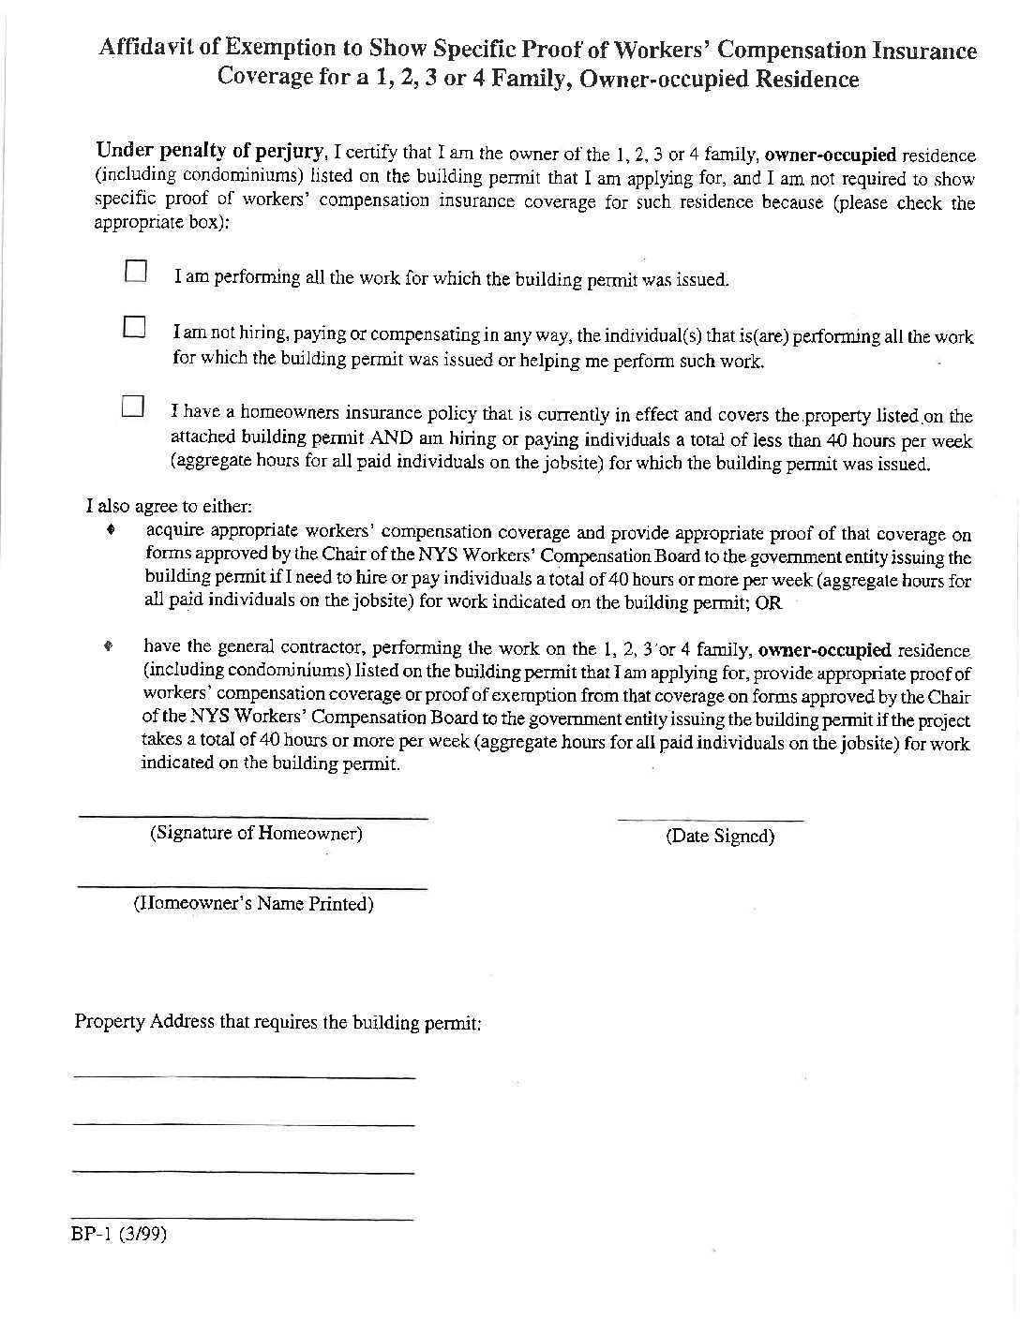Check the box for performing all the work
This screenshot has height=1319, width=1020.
(137, 272)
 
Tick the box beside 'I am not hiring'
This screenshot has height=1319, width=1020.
(135, 328)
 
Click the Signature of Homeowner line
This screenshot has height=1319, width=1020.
(252, 817)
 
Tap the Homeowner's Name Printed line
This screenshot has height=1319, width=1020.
(252, 886)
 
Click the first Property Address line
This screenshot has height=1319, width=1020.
(244, 1077)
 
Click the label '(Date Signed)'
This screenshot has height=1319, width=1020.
(719, 837)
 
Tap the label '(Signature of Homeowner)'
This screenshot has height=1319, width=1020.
(256, 833)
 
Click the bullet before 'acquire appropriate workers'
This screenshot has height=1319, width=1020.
(112, 530)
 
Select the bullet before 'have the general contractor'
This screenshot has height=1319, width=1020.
(110, 646)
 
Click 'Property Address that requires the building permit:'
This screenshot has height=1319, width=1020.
(277, 1022)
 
